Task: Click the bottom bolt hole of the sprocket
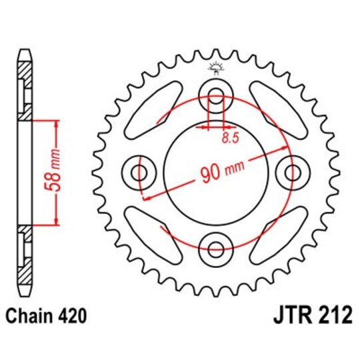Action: click(x=216, y=249)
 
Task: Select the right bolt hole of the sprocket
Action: click(x=293, y=173)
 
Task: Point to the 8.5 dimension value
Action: click(x=229, y=139)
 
